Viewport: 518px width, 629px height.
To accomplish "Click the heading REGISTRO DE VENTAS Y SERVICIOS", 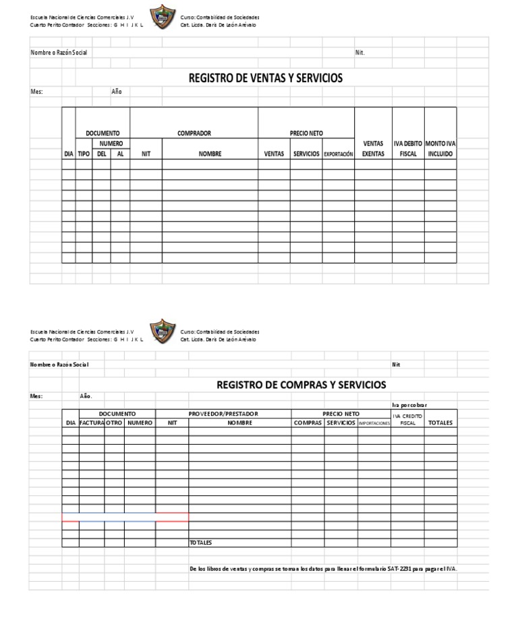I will point(266,78).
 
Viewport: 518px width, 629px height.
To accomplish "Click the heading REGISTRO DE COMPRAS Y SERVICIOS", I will point(301,385).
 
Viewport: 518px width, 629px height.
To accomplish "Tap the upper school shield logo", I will point(162,16).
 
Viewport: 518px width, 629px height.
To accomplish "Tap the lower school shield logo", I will point(162,331).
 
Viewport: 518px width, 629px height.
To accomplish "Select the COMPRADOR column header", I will point(194,134).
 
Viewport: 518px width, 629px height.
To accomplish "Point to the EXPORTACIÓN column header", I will point(339,154).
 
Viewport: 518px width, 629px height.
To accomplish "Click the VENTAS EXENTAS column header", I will point(373,148).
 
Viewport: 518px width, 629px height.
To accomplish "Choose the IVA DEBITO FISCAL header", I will point(408,148).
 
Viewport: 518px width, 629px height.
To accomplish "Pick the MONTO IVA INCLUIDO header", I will point(440,148).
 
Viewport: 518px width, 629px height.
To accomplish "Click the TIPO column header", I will point(84,154).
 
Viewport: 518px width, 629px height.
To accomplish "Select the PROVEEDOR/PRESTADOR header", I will point(223,414).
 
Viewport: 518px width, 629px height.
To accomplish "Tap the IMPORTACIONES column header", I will point(374,423).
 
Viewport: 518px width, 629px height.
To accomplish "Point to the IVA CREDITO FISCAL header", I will point(407,419).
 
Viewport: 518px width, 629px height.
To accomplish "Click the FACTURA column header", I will point(92,423).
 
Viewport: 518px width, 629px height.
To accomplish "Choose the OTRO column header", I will point(114,423).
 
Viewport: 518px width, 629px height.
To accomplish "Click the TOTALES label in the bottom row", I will point(200,543).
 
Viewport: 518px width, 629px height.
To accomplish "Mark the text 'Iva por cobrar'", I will point(409,405).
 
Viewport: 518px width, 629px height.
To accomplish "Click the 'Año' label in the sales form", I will point(117,92).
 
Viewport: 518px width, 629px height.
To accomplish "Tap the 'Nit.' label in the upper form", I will point(359,53).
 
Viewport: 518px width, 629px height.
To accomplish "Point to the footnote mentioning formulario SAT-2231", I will point(324,569).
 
